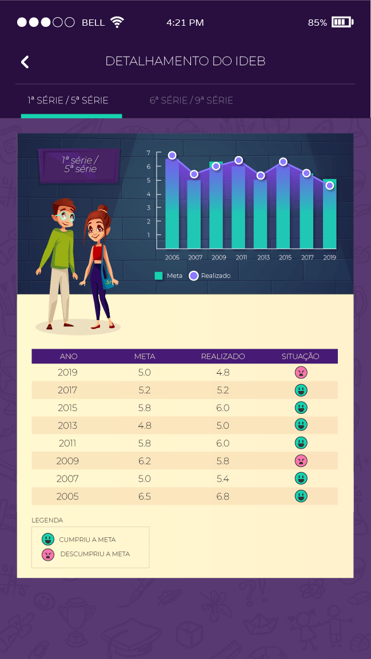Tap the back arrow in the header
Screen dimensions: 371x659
pyautogui.click(x=25, y=62)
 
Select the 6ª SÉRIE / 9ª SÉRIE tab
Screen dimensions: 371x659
pyautogui.click(x=191, y=101)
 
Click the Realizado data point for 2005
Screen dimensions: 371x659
pyautogui.click(x=172, y=155)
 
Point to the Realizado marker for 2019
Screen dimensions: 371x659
pyautogui.click(x=330, y=185)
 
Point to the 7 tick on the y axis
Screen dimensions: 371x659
pyautogui.click(x=148, y=153)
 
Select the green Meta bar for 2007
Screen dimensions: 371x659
pyautogui.click(x=194, y=214)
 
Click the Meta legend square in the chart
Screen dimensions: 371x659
pyautogui.click(x=158, y=275)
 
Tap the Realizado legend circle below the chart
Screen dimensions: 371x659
pyautogui.click(x=193, y=275)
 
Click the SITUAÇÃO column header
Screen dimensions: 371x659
pyautogui.click(x=301, y=357)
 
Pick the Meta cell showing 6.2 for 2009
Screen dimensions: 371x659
pyautogui.click(x=145, y=461)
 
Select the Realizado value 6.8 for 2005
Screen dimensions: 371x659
pyautogui.click(x=223, y=496)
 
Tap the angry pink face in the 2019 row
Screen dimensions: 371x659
pyautogui.click(x=301, y=373)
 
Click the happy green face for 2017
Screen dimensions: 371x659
pyautogui.click(x=301, y=390)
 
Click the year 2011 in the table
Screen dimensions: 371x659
pyautogui.click(x=67, y=444)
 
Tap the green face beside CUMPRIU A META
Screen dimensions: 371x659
pyautogui.click(x=48, y=539)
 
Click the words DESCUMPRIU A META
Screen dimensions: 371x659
pyautogui.click(x=95, y=554)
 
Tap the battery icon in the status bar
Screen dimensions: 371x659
pyautogui.click(x=342, y=22)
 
